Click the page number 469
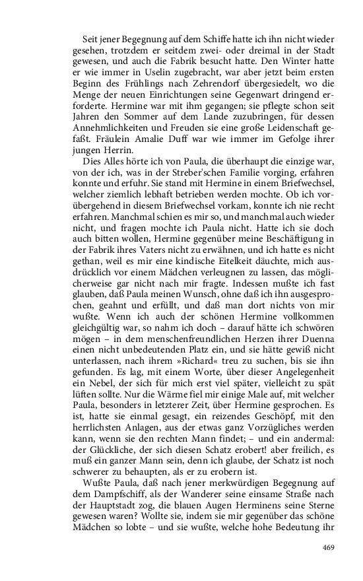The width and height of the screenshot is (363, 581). click(329, 547)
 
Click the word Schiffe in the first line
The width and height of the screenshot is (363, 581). click(209, 40)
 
